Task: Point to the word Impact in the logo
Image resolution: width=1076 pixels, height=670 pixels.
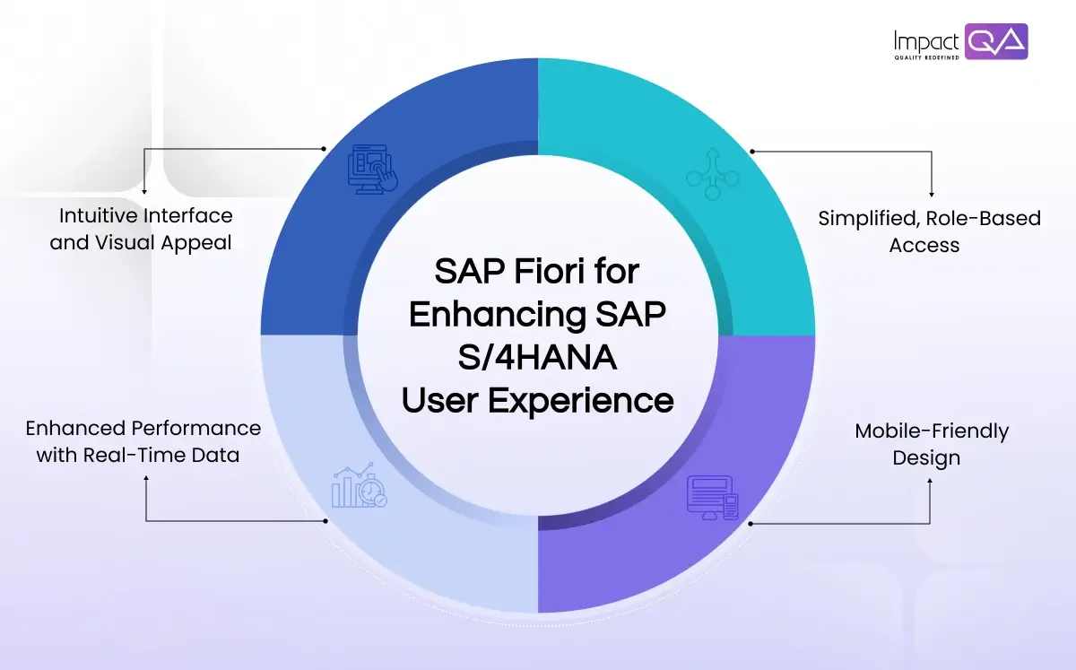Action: point(927,40)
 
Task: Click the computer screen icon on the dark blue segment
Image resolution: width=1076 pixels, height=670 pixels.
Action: point(372,168)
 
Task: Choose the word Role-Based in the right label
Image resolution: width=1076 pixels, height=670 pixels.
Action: point(989,219)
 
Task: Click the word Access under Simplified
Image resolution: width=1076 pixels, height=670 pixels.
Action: point(924,245)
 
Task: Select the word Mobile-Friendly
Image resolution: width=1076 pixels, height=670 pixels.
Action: point(932,431)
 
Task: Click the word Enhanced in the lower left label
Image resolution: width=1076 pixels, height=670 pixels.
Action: point(75,428)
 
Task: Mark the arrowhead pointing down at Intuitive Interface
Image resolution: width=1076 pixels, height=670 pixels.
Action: point(144,191)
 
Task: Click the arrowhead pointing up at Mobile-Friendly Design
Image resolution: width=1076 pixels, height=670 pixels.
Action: point(930,481)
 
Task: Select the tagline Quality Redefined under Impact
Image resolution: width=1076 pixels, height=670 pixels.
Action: point(926,57)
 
